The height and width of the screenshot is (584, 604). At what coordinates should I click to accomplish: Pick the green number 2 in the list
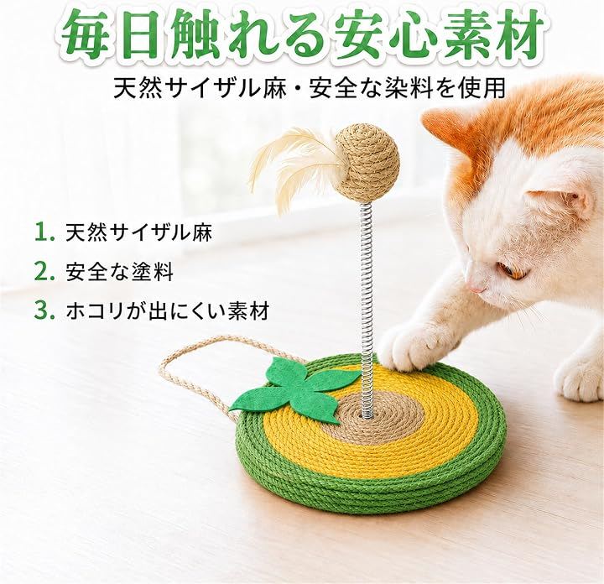(44, 272)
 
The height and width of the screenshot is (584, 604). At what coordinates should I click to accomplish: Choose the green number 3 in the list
(44, 311)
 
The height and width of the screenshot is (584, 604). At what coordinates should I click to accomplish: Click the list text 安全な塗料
(119, 272)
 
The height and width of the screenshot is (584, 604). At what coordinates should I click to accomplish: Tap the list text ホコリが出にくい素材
(167, 311)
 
